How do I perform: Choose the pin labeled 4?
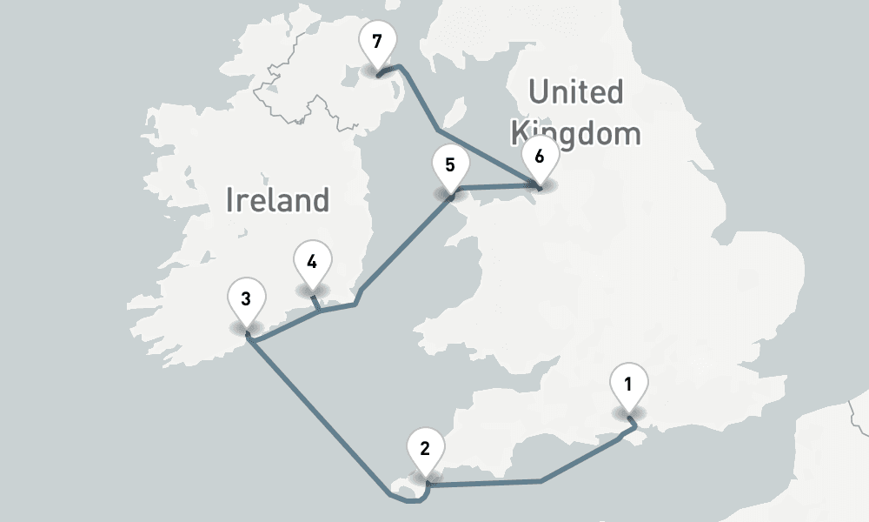312,262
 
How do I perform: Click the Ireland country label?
277,200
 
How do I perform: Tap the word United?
576,92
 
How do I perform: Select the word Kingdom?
576,134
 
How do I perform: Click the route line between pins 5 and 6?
495,186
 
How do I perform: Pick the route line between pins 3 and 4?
287,323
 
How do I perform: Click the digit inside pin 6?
540,157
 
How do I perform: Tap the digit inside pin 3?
246,299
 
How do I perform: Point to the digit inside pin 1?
628,382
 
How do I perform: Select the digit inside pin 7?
376,42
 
